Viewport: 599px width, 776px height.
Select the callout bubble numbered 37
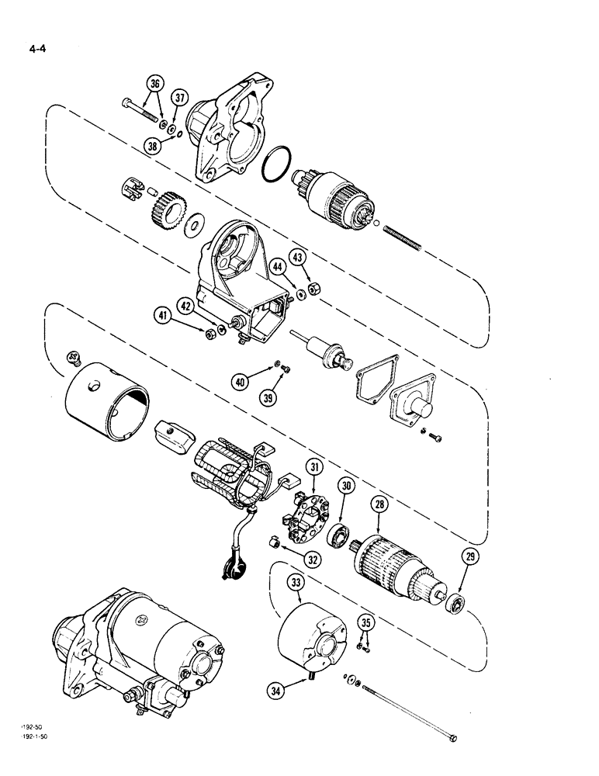click(x=180, y=97)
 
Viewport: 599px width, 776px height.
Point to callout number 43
click(x=298, y=256)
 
